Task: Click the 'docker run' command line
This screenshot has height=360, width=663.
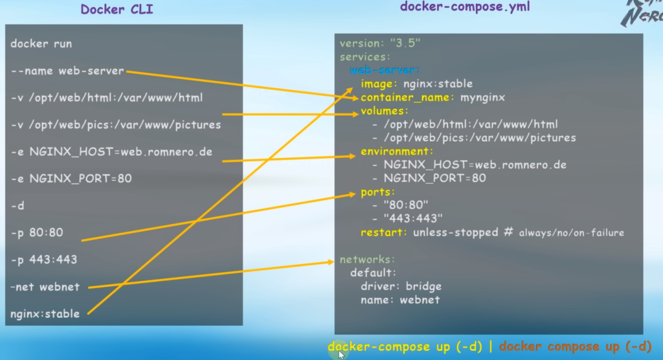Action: (x=41, y=44)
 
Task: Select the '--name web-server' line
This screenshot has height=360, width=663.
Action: (x=67, y=71)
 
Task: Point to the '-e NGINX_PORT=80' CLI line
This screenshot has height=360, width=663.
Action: (x=71, y=178)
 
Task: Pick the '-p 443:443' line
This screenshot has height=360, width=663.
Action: (x=44, y=260)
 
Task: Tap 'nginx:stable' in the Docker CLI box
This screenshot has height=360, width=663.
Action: (x=45, y=314)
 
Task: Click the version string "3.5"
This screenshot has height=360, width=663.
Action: (x=405, y=43)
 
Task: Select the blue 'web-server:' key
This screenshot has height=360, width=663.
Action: (x=385, y=70)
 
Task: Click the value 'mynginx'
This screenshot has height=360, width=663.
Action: (x=483, y=97)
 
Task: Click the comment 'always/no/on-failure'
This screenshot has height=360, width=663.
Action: (x=571, y=232)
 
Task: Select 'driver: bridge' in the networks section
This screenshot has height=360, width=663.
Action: (x=401, y=286)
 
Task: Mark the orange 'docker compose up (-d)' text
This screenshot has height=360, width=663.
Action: (x=575, y=346)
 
